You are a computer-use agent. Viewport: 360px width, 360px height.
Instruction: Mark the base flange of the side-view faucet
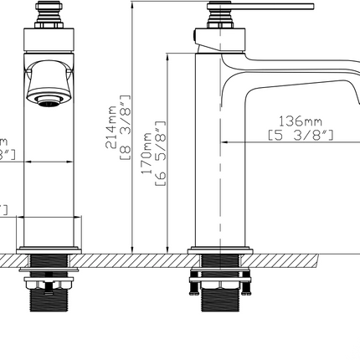219,249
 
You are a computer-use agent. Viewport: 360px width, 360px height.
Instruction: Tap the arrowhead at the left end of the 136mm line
224,142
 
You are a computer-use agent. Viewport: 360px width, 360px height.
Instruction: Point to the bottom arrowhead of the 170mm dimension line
170,248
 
